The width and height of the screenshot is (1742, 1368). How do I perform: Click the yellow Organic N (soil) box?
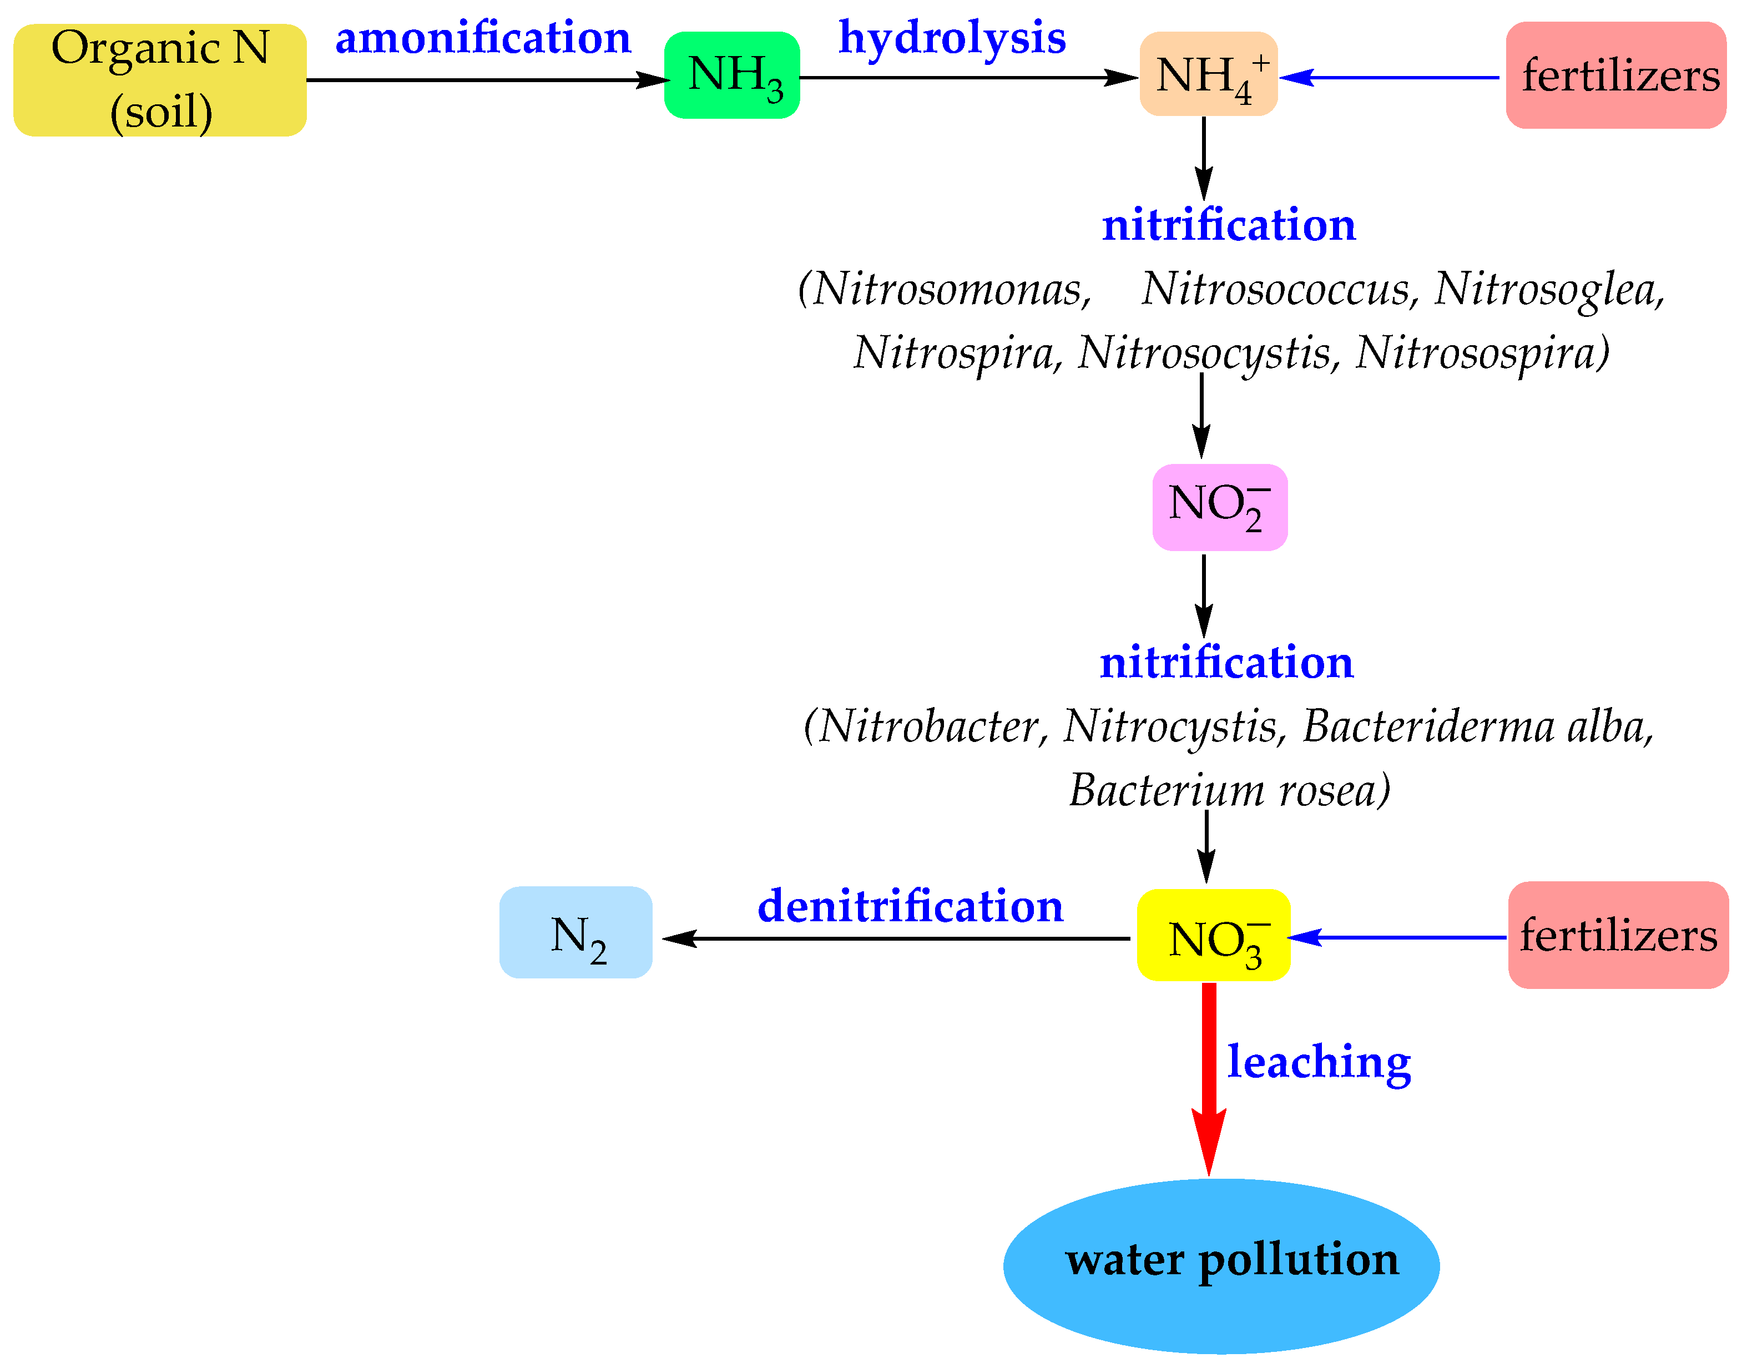point(160,80)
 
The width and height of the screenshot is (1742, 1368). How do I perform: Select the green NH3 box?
point(731,75)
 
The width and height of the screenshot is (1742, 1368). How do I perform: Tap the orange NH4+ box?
point(1208,74)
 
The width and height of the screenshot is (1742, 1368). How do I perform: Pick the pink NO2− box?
point(1219,507)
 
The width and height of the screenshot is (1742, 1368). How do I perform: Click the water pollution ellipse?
point(1220,1265)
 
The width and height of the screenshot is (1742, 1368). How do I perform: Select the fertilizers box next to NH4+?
point(1615,75)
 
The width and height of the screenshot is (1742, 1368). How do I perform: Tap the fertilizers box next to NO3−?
point(1618,935)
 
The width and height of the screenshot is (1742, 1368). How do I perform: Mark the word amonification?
point(483,38)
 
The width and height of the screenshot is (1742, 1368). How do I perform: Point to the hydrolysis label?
point(952,38)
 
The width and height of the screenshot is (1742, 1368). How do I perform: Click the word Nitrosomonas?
point(951,289)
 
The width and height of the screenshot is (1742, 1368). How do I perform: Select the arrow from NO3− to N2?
point(897,938)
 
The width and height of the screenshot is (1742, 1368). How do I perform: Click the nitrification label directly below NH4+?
point(1229,226)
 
